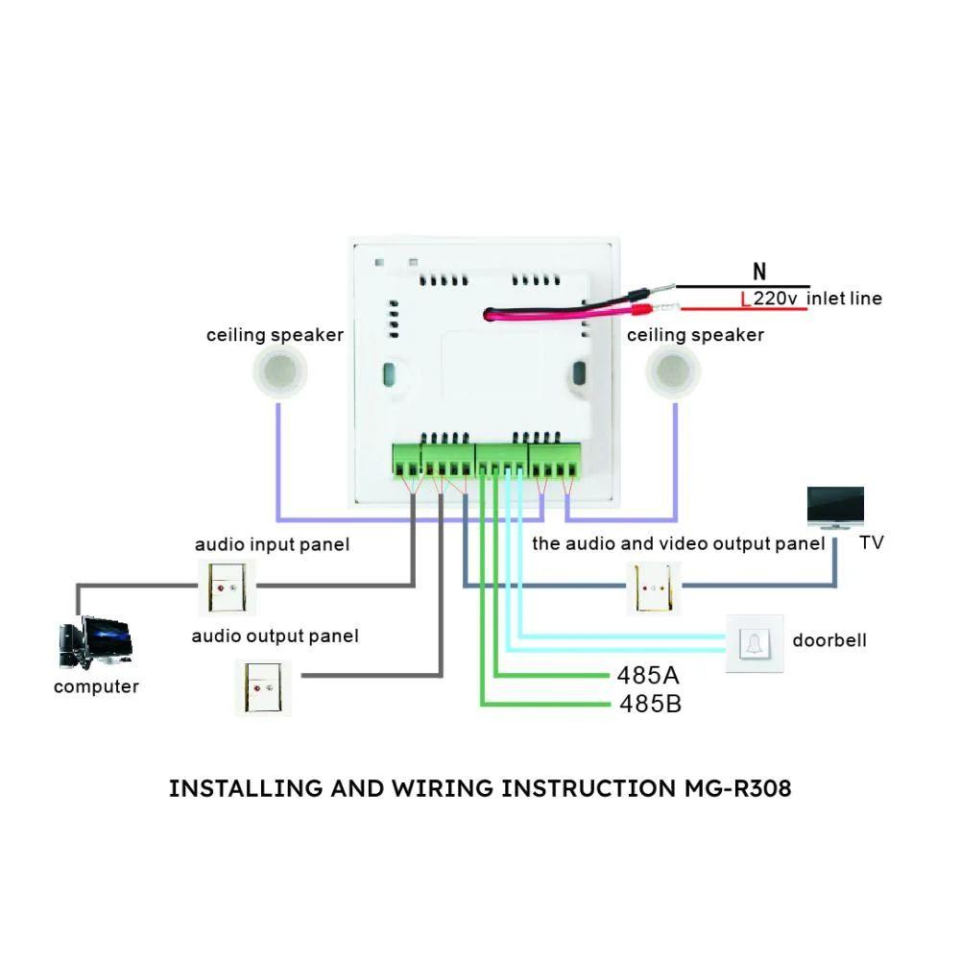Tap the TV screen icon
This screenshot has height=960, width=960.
[835, 506]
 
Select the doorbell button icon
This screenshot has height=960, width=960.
[755, 642]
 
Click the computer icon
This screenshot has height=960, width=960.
[95, 641]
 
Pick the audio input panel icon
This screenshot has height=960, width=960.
[228, 588]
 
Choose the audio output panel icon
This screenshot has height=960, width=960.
[263, 685]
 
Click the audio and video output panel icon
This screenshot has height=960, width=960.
[654, 588]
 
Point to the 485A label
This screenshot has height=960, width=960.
[649, 674]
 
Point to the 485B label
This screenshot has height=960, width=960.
[650, 705]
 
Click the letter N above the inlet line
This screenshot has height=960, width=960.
[760, 273]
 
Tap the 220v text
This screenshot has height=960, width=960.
[776, 299]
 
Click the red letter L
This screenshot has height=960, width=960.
[746, 300]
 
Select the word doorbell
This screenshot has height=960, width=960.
[828, 640]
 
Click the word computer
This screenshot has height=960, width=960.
[96, 686]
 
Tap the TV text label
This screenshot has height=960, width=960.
[871, 543]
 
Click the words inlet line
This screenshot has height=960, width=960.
[844, 299]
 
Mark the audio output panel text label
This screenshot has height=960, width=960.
[275, 636]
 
